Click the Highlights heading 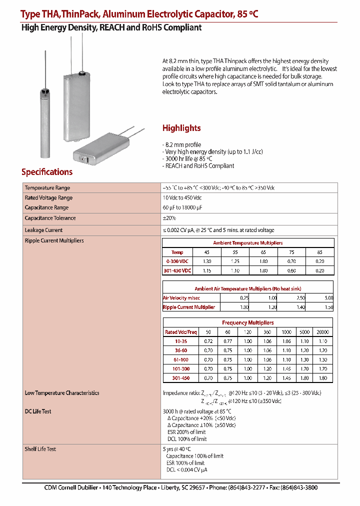click(x=181, y=128)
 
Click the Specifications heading click(x=46, y=172)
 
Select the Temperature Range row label click(x=47, y=188)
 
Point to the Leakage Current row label click(x=43, y=230)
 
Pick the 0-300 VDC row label click(x=177, y=261)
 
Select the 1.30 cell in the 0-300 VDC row click(x=207, y=261)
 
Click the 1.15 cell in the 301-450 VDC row click(x=207, y=270)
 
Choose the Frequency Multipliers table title click(x=247, y=322)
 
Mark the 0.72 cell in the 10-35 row click(x=208, y=341)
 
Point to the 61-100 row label click(x=180, y=359)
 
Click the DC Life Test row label click(x=38, y=411)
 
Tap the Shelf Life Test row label click(x=40, y=449)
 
